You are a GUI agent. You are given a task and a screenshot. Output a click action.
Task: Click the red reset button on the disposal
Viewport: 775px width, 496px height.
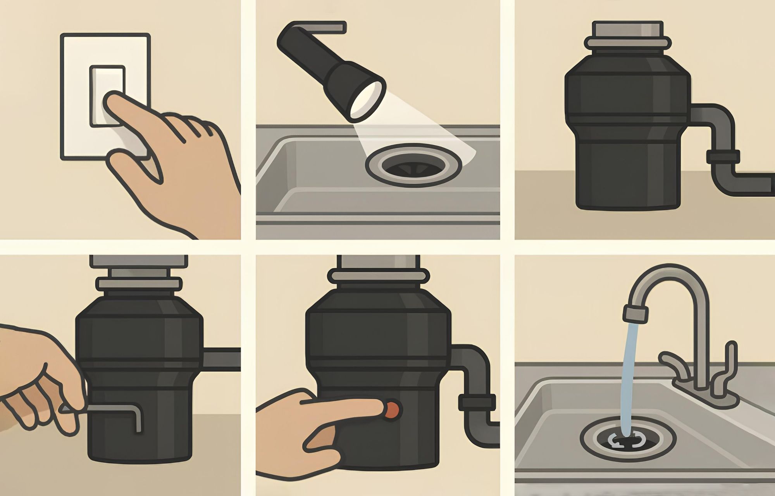[x=392, y=409]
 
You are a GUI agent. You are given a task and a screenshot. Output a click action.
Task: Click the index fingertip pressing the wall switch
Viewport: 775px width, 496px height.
[x=112, y=101]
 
